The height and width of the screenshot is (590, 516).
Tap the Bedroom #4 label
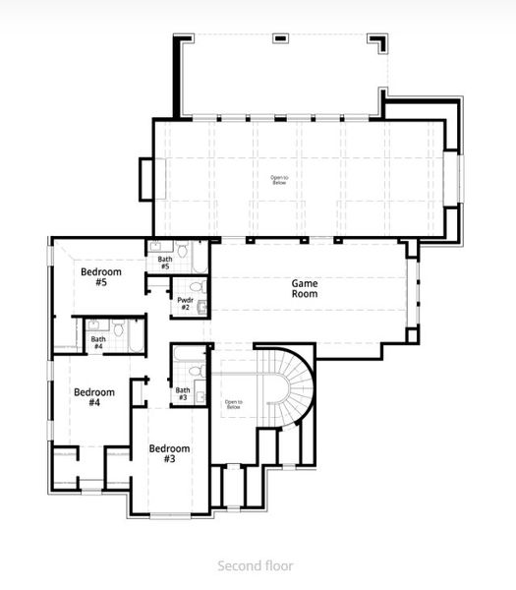click(x=94, y=397)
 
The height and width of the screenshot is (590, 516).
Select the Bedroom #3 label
click(x=169, y=453)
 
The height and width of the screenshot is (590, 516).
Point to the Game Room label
click(x=305, y=288)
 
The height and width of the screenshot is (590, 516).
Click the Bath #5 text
click(x=164, y=263)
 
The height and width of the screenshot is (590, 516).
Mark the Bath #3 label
click(x=183, y=393)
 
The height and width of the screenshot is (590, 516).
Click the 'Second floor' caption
click(x=255, y=566)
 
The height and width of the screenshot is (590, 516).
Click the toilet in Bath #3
click(x=195, y=372)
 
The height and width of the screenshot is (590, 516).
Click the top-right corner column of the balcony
click(x=377, y=42)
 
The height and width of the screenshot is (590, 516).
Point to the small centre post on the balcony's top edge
click(x=282, y=38)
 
